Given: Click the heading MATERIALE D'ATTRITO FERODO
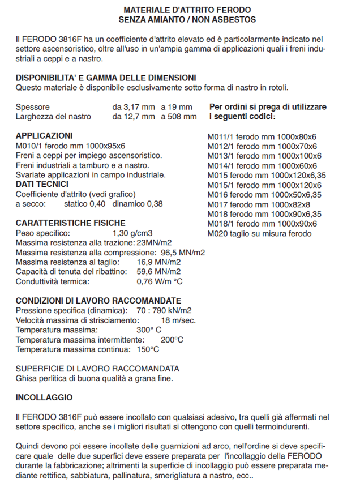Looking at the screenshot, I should tap(187, 10).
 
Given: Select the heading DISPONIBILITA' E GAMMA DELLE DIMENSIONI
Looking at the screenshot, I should tap(106, 78).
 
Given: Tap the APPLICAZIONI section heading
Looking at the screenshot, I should tap(44, 136).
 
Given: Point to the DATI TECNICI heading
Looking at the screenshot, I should tap(42, 184).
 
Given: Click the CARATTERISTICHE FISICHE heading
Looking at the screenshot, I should tap(71, 223).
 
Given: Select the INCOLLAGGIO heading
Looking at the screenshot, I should tap(44, 398).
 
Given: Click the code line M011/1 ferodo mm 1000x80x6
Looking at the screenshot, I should tap(262, 136).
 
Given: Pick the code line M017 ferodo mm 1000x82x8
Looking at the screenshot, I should tap(259, 204).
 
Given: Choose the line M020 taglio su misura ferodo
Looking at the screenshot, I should tap(259, 233).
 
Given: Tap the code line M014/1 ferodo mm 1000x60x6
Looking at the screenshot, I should tap(262, 165).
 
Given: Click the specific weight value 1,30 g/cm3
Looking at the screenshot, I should tap(133, 233).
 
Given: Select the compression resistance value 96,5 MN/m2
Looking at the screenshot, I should tap(183, 252).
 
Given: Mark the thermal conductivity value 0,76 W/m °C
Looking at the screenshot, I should tap(160, 281).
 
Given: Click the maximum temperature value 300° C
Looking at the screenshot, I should tap(149, 330).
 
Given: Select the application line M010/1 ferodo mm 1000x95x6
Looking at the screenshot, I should tap(71, 146).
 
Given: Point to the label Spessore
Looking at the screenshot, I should tap(33, 106).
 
